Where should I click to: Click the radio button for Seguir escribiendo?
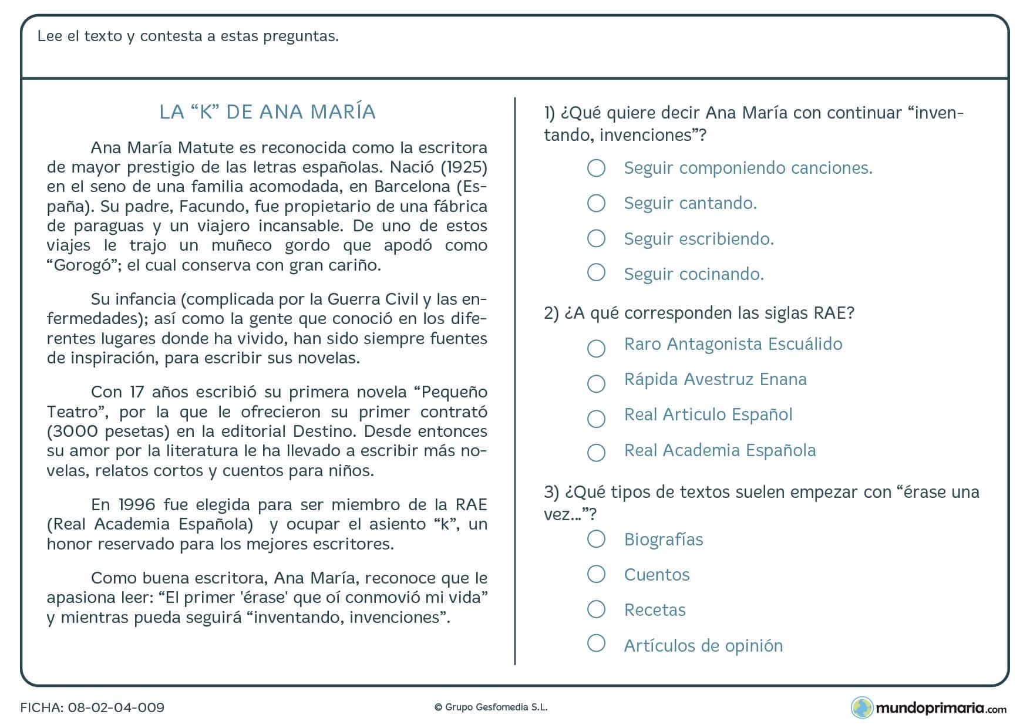coord(596,238)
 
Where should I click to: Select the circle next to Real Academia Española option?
coord(596,452)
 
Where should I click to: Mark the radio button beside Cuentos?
coord(596,574)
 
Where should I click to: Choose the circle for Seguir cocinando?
coord(596,272)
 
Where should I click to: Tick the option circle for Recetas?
coord(596,609)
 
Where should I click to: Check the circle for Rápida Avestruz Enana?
coord(596,383)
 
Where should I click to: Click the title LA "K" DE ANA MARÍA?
coord(267,112)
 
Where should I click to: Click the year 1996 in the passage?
coord(136,505)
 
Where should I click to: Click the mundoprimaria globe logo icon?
coord(861,707)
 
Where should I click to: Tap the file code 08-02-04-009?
coord(116,707)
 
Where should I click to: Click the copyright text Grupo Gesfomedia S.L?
coord(491,707)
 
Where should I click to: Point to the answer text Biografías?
coord(663,540)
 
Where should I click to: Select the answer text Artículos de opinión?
coord(703,646)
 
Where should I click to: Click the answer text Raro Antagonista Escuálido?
coord(733,344)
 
